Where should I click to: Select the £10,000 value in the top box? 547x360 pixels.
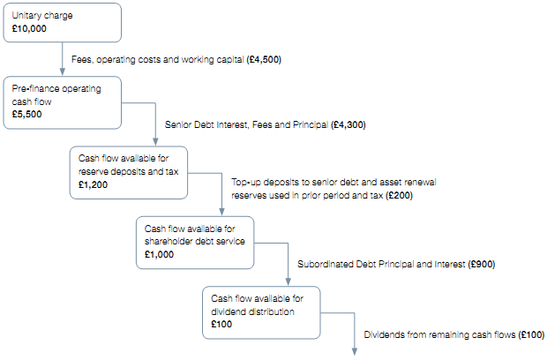30,29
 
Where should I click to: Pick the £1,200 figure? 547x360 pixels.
94,184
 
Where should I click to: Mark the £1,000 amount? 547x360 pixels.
160,254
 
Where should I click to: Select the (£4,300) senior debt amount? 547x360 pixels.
348,124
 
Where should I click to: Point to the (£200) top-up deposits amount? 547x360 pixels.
396,195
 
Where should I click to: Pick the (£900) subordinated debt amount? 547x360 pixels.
484,263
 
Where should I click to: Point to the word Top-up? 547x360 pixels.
247,183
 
